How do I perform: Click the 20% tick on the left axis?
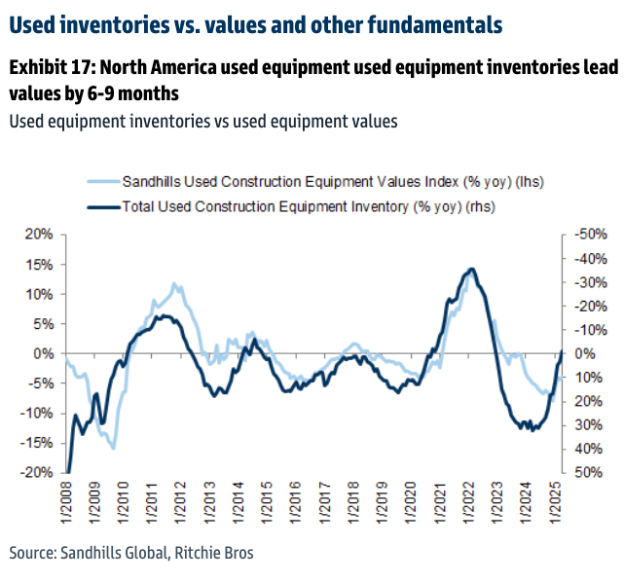coord(39,235)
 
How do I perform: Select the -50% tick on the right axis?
coord(591,235)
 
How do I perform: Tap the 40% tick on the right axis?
coord(590,449)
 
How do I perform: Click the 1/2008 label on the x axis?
coord(65,502)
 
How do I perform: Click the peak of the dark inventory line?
coord(472,269)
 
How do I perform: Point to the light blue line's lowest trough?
coord(114,448)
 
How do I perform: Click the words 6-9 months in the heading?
coord(132,95)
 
